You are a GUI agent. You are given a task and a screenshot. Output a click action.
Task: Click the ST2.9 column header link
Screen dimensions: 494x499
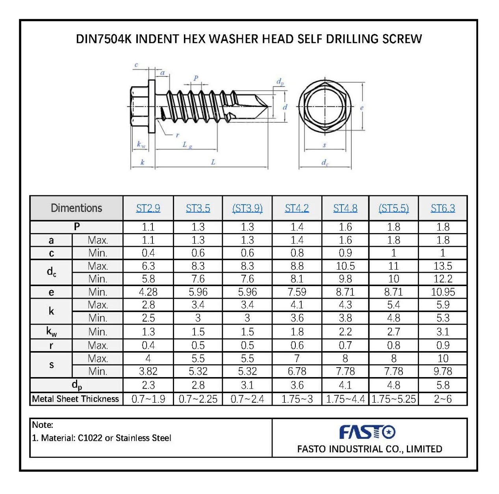point(148,208)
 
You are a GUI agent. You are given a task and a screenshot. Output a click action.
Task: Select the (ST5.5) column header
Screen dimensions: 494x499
point(393,208)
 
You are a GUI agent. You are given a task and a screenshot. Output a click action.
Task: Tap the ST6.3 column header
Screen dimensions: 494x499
point(443,208)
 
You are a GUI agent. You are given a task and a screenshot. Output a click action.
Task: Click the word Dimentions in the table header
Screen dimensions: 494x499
point(76,208)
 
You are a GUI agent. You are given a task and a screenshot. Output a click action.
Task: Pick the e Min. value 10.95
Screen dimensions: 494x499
point(443,292)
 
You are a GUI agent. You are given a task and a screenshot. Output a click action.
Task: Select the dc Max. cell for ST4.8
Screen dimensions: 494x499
point(345,266)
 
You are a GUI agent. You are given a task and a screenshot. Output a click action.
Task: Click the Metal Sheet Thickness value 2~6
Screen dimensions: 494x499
point(443,399)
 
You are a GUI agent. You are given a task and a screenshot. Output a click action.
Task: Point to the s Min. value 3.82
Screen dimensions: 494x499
point(148,371)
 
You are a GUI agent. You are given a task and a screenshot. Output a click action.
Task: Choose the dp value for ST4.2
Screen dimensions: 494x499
point(297,385)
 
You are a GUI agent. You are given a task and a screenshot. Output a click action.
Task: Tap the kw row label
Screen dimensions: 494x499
point(51,332)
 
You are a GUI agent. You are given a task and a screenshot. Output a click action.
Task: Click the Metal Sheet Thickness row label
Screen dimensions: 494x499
point(76,399)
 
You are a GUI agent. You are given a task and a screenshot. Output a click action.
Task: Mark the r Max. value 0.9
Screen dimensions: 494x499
point(443,345)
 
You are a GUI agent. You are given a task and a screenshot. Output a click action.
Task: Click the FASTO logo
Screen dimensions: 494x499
point(367,432)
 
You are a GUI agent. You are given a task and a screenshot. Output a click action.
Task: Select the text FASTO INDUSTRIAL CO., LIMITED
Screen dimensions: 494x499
point(369,449)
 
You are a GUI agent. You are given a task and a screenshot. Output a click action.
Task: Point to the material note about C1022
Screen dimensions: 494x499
point(102,438)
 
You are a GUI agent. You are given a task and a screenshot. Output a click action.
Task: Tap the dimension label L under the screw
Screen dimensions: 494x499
point(213,162)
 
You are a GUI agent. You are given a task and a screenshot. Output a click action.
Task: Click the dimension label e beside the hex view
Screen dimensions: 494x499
point(362,107)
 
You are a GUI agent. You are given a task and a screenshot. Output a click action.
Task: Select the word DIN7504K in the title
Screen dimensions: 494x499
point(104,39)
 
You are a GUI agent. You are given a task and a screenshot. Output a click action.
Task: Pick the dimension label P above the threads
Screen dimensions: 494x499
point(196,78)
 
